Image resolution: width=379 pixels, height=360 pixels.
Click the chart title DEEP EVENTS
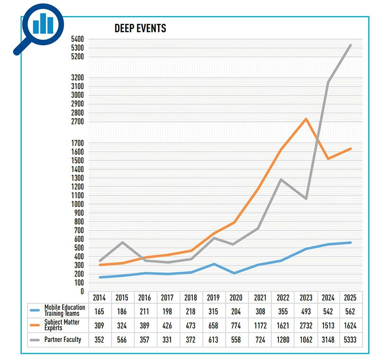click(x=140, y=28)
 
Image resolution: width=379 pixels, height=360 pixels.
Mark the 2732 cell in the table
click(x=306, y=325)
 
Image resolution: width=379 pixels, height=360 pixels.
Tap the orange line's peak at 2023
click(x=306, y=119)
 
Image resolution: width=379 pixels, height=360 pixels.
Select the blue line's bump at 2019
click(x=214, y=264)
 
